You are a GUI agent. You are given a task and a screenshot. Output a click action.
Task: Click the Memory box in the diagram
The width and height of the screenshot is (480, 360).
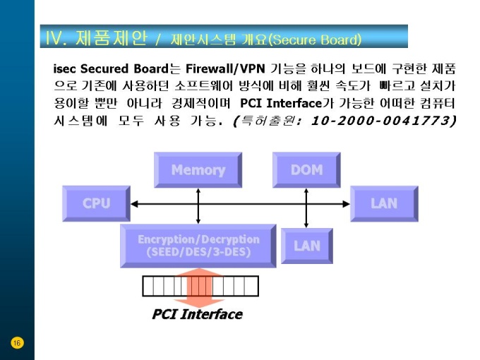198,170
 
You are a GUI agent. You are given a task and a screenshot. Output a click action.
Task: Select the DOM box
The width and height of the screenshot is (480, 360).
306,170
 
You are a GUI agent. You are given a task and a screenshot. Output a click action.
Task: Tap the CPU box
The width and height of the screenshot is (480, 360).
96,203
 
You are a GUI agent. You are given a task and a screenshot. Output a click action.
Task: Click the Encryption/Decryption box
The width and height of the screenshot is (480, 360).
198,246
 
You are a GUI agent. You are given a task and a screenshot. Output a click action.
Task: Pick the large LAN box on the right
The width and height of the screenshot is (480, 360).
384,203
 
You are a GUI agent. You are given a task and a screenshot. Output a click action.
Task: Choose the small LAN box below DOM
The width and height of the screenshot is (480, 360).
306,246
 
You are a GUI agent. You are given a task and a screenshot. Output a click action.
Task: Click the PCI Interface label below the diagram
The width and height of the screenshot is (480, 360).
197,314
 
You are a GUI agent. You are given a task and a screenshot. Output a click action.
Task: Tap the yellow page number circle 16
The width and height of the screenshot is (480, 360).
17,343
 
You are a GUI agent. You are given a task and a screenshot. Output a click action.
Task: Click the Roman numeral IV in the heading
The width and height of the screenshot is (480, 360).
56,37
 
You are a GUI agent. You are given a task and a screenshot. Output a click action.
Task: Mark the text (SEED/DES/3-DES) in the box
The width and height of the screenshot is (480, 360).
198,252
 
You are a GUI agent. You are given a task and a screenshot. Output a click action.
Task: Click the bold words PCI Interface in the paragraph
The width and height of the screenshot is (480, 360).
281,104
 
